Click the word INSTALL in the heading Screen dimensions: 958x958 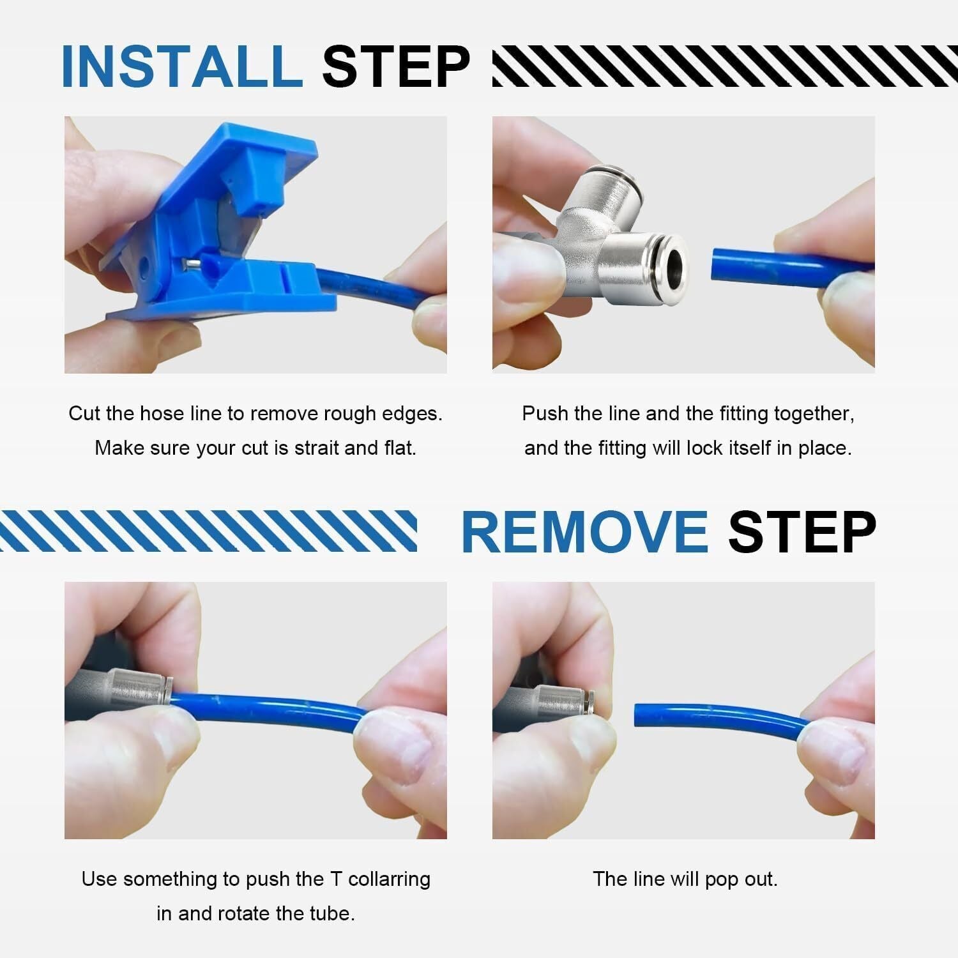coord(182,66)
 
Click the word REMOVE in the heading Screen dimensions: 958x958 coord(584,532)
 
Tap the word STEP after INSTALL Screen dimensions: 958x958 coord(396,66)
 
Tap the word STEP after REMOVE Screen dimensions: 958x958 coord(802,532)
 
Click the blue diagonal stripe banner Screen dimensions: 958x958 coord(208,531)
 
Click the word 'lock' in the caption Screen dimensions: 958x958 coord(706,448)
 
